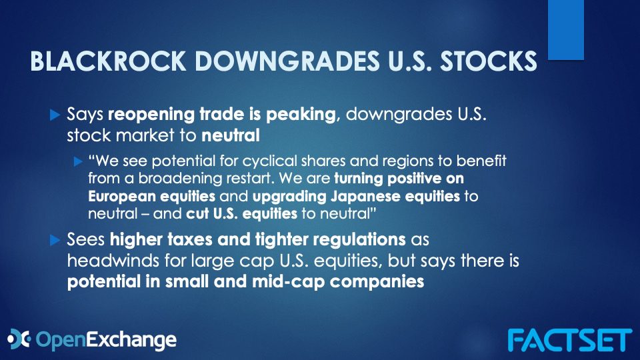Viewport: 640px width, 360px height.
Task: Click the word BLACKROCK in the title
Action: (x=108, y=61)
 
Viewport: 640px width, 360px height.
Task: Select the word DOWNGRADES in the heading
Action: (x=287, y=61)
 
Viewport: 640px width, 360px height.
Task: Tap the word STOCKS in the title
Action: (x=489, y=61)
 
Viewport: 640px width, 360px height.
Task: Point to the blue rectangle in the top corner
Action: (x=566, y=30)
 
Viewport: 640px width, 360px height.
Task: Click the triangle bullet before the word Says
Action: (x=55, y=115)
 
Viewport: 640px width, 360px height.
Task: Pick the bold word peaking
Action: (x=301, y=115)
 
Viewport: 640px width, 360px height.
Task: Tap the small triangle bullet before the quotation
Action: (x=79, y=161)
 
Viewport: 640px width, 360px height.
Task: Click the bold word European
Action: (x=122, y=196)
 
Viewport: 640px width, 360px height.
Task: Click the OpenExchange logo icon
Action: (x=19, y=339)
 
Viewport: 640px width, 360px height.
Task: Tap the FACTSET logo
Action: (x=570, y=340)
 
